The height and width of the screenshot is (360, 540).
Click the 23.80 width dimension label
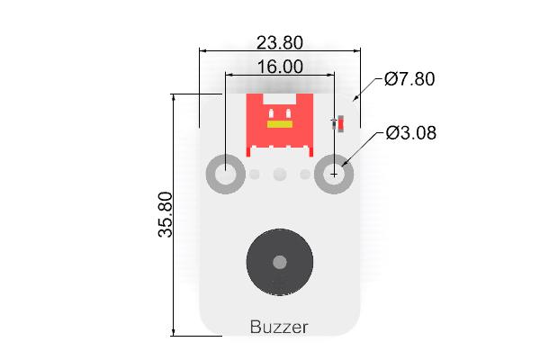pos(280,42)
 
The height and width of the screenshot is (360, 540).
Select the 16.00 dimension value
pos(280,67)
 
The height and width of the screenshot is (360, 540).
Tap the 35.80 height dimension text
pos(165,214)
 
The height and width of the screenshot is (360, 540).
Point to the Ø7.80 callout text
pos(409,79)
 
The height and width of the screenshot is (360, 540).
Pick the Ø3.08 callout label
pos(411,132)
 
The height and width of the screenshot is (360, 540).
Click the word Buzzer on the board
pos(279,327)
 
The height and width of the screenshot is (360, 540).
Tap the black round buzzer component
pos(280,262)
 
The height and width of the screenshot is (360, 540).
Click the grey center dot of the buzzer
pos(280,262)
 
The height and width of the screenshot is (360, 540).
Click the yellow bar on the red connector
pos(280,124)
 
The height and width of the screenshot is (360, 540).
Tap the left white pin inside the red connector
pos(271,113)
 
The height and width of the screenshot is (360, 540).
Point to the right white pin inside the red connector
pos(288,113)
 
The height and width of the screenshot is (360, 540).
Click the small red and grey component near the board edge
pos(338,124)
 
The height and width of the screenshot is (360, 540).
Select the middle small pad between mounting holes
pos(280,175)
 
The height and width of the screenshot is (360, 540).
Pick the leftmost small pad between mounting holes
pos(255,175)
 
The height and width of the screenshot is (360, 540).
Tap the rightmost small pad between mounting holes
pos(305,175)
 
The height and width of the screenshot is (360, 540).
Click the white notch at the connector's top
pos(280,99)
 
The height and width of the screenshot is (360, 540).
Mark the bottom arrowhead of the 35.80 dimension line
pos(173,332)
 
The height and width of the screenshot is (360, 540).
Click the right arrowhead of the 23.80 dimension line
pos(357,51)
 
